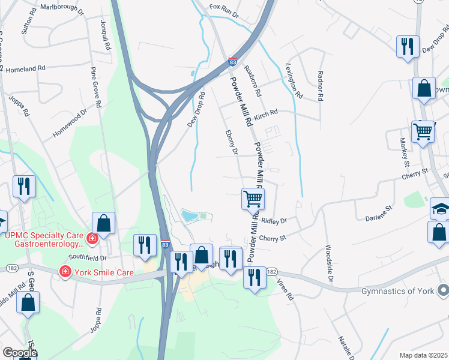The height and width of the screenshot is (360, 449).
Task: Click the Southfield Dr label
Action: tap(87, 257)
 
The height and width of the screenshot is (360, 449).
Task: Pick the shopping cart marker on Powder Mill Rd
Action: tap(253, 199)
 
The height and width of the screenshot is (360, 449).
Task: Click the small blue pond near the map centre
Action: tap(189, 215)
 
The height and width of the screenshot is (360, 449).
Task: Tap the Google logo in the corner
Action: tap(19, 352)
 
